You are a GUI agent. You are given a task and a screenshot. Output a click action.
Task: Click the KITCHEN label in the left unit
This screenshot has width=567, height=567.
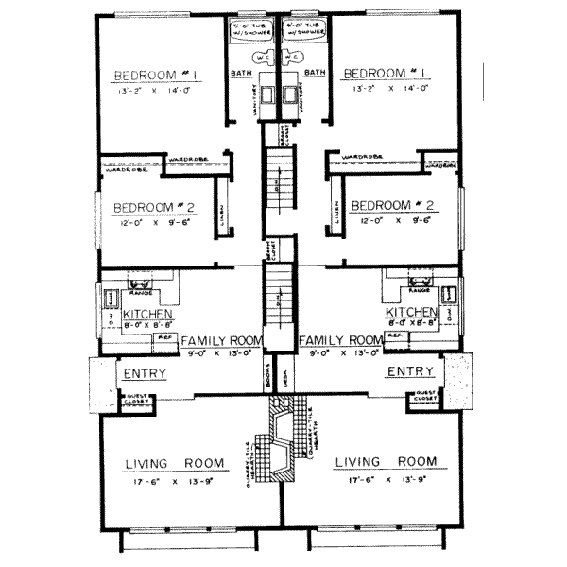tap(145, 313)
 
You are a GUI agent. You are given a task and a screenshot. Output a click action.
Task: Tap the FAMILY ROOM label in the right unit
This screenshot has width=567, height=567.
tap(340, 340)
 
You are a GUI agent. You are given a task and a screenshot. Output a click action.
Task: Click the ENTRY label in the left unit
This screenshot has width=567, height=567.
tap(144, 374)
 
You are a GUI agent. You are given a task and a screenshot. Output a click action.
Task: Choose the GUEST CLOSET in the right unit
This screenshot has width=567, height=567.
tap(423, 398)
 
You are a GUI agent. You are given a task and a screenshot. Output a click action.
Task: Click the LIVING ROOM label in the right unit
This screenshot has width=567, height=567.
tap(387, 461)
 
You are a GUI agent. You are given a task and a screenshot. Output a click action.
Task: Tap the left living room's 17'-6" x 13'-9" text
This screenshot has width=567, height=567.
tap(177, 479)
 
